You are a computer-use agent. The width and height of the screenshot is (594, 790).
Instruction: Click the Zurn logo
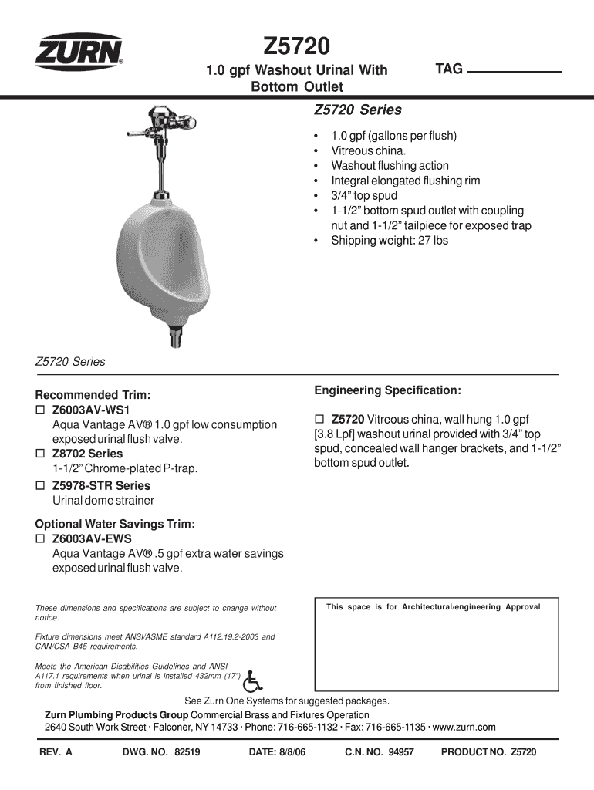point(78,54)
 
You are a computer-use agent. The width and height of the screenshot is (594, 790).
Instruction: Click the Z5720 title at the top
point(297,47)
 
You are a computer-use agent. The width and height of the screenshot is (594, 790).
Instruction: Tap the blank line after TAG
point(515,71)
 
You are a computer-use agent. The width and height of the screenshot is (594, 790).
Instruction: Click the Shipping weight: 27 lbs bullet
point(389,241)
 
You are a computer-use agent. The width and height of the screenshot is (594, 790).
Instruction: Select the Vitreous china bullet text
point(368,151)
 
